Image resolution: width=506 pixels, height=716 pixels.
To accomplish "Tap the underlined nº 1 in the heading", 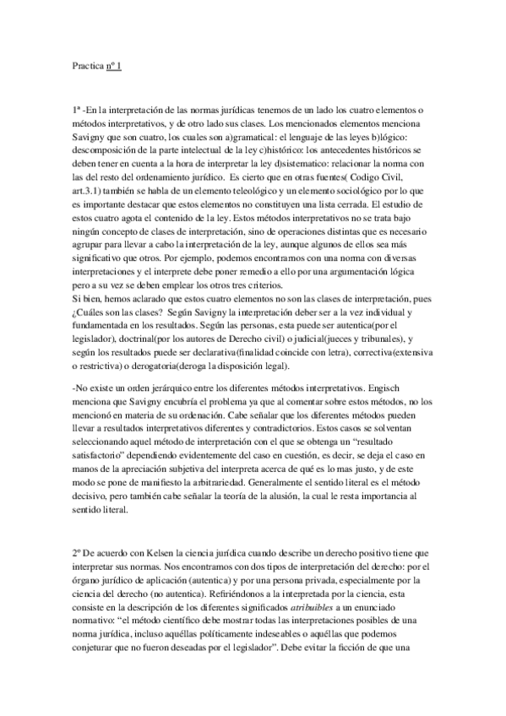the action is (x=114, y=64).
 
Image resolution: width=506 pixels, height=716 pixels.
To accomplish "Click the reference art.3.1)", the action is (x=90, y=192).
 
